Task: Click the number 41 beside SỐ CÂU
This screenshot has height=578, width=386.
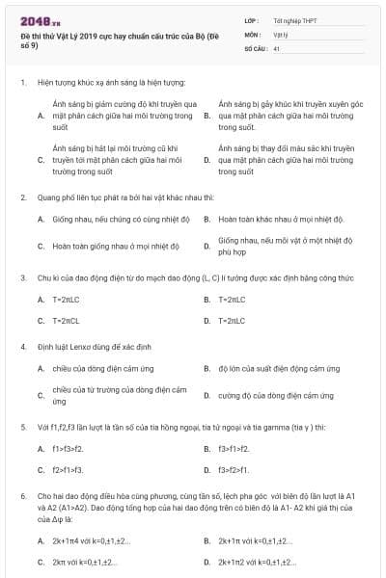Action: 277,47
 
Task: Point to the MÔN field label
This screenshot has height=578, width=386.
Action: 252,34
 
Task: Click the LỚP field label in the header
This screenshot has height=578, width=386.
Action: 251,19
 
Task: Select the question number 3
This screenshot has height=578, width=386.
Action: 22,277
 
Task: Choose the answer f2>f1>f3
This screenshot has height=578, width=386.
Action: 68,470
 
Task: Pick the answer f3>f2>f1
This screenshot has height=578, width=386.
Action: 234,470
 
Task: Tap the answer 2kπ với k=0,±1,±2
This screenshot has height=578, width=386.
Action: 85,562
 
